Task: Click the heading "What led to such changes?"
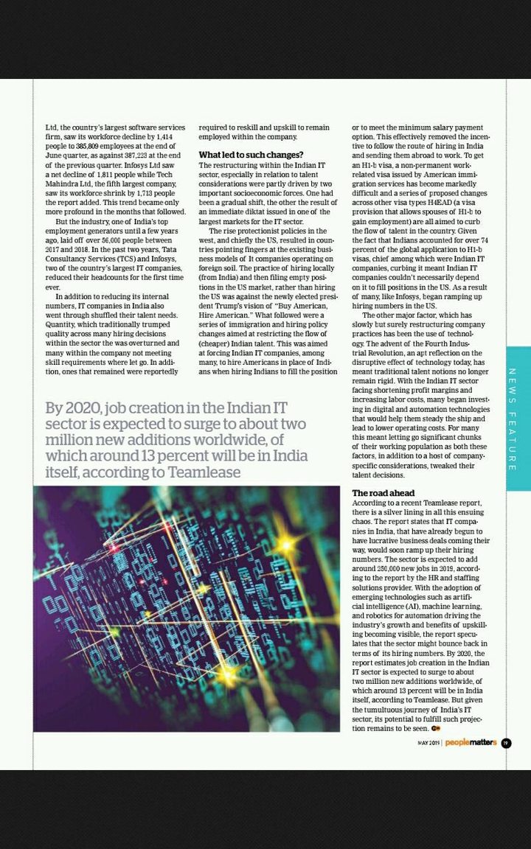tap(251, 155)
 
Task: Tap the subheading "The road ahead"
tap(383, 493)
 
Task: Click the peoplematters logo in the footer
tap(471, 743)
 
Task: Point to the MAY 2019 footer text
tap(428, 743)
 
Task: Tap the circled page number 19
tap(506, 743)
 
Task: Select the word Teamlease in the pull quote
tap(204, 472)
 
